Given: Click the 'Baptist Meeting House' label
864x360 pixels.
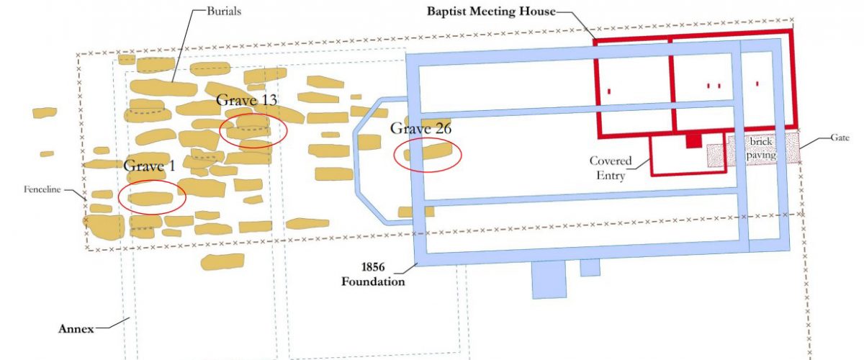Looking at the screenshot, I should (490, 11).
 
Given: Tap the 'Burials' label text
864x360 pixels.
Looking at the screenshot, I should (225, 12).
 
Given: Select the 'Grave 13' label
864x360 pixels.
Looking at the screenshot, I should (247, 100).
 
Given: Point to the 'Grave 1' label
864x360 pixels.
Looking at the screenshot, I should (150, 166).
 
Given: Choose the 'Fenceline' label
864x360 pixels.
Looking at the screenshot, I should (44, 191).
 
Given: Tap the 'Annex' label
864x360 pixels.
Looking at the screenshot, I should (76, 329).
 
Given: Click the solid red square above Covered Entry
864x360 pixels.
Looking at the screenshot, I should (693, 141).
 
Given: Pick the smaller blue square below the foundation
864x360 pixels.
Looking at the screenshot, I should (590, 267).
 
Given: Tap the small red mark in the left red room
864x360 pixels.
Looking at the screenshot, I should (609, 91).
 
